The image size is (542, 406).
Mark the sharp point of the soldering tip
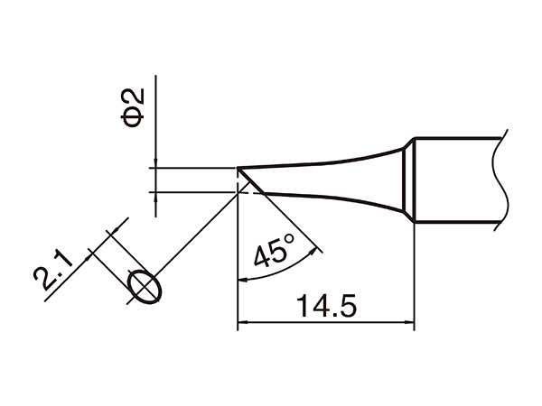coord(238,168)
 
